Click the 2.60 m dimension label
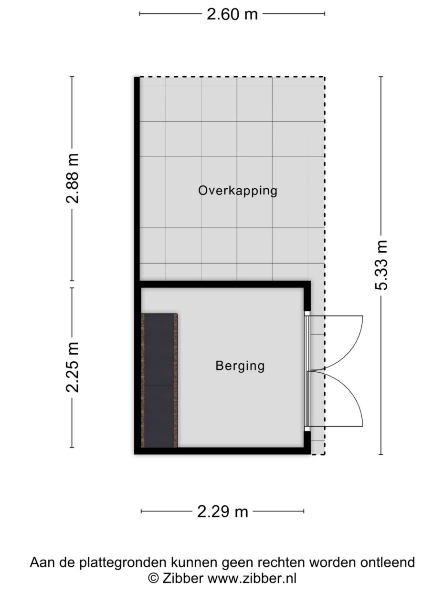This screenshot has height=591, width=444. click(232, 14)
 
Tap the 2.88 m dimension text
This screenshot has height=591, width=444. click(73, 178)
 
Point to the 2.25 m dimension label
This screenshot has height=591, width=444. click(73, 367)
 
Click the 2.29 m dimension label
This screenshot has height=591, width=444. click(222, 512)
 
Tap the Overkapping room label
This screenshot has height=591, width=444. click(238, 191)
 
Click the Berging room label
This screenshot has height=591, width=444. click(240, 366)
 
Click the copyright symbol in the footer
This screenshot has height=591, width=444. click(153, 578)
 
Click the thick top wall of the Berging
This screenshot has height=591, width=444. click(222, 284)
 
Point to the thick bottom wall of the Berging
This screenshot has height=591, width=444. click(222, 451)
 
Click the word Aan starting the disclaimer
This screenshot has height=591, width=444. click(41, 562)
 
